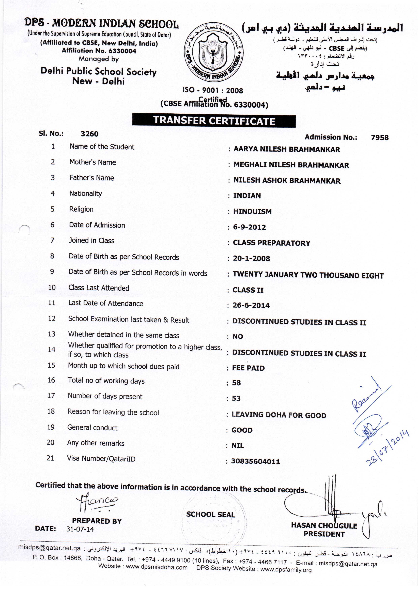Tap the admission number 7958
coord(380,138)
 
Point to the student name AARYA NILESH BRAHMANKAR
coord(287,149)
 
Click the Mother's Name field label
coord(93,162)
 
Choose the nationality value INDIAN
coord(247,196)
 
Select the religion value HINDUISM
coord(252,211)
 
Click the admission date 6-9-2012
coord(249,227)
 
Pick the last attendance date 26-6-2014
coord(251,305)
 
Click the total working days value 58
coord(236,383)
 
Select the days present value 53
coord(236,398)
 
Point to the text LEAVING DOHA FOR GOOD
coord(279,415)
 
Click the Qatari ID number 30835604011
coord(255,461)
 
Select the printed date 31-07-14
coord(80,529)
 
